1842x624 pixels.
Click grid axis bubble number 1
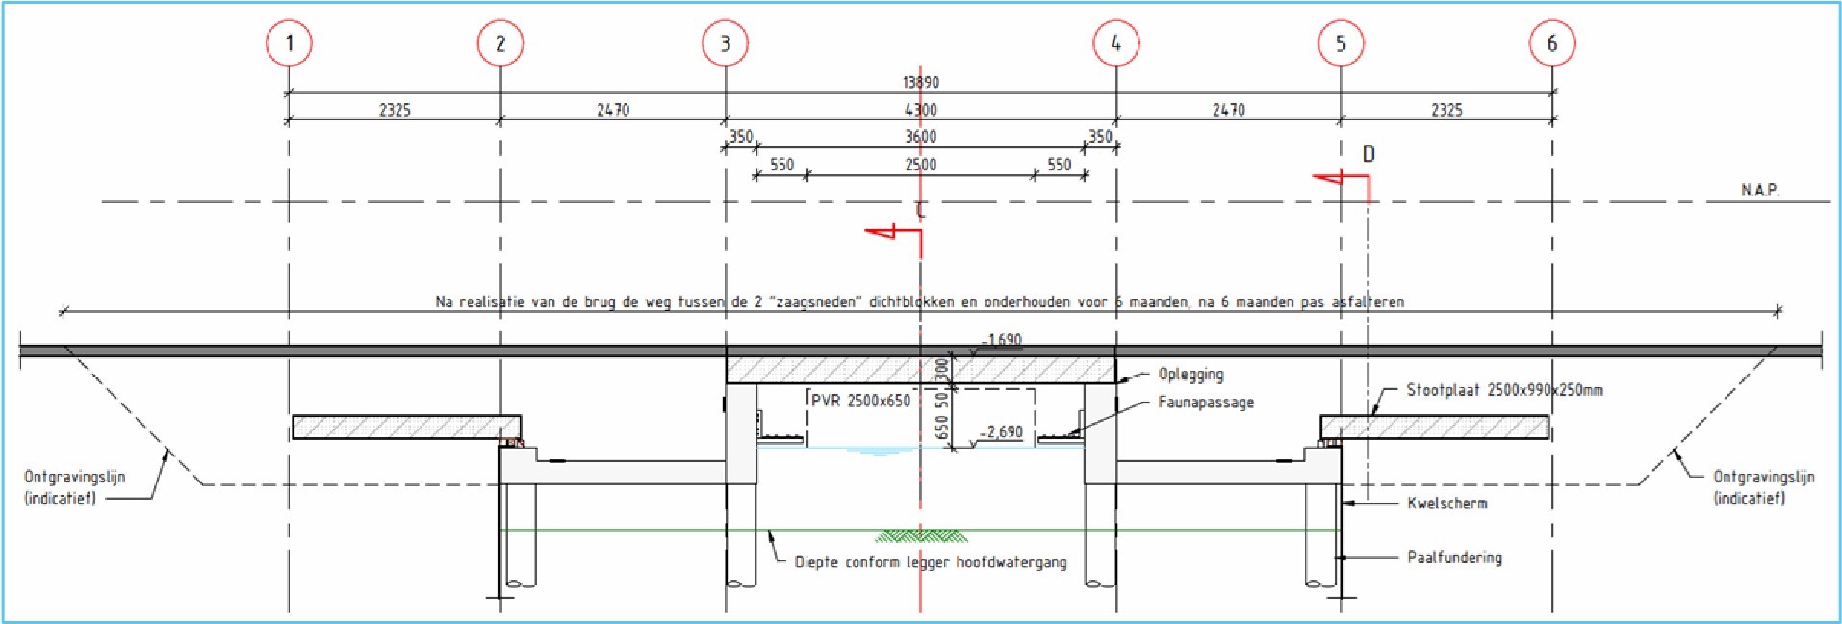click(289, 43)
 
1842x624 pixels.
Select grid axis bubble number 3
click(725, 43)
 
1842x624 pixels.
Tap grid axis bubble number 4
click(1115, 43)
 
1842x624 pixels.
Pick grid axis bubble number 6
click(1551, 43)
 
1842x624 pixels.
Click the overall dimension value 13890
click(920, 83)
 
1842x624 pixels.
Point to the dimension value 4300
click(920, 110)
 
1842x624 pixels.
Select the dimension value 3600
click(920, 137)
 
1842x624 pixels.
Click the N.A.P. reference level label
click(1759, 190)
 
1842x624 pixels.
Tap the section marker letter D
click(1369, 154)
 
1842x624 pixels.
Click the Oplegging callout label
click(1190, 375)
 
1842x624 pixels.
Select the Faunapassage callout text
click(1205, 403)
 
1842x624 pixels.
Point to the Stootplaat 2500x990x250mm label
click(1504, 390)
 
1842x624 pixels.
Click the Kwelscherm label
click(1446, 503)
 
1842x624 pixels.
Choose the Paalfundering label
click(1453, 558)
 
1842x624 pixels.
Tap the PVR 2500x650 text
click(860, 401)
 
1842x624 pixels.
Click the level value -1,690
click(1002, 340)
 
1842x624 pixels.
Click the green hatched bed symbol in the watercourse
click(921, 535)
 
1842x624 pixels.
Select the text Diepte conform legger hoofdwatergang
click(930, 562)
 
